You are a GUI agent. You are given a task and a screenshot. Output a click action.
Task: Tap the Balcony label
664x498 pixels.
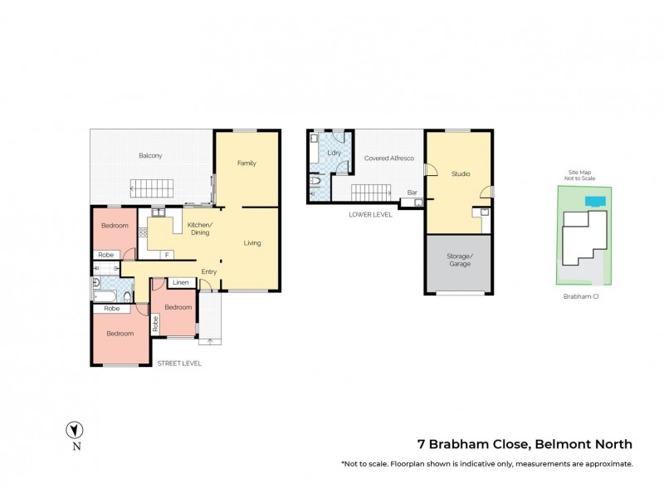pos(150,156)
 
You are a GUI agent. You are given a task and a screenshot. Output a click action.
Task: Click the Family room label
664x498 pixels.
pos(247,163)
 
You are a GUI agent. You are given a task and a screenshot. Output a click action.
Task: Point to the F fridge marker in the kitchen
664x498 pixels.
pos(167,255)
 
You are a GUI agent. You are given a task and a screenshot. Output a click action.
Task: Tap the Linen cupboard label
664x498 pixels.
pos(182,283)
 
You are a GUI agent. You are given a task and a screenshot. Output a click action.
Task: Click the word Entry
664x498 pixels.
pos(209,271)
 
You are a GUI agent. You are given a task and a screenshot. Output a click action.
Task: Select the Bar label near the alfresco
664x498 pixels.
pos(412,193)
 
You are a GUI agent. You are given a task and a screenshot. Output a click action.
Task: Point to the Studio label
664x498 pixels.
pos(461,174)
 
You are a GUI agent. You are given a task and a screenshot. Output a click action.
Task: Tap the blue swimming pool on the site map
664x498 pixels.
pos(593,201)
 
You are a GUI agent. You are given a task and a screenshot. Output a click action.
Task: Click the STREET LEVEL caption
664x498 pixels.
pos(179,363)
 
